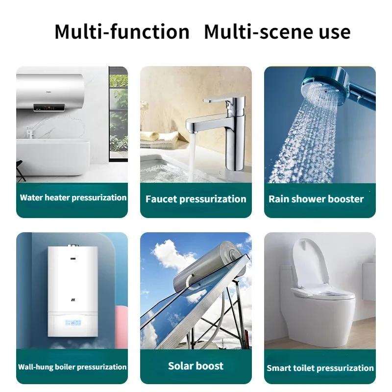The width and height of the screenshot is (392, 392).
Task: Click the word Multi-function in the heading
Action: point(122,32)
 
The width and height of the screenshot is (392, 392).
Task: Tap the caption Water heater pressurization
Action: point(73,198)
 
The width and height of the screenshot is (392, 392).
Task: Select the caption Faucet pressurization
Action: point(196,199)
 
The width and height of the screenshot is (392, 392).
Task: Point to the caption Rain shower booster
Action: point(316,199)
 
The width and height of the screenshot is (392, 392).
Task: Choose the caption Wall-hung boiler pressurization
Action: point(73,367)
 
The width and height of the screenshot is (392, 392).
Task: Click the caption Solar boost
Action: point(196,366)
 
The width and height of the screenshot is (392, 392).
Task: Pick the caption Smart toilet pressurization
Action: point(320,367)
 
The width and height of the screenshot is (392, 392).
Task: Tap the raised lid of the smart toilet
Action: point(314,260)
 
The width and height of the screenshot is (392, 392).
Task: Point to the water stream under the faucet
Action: point(192,157)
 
